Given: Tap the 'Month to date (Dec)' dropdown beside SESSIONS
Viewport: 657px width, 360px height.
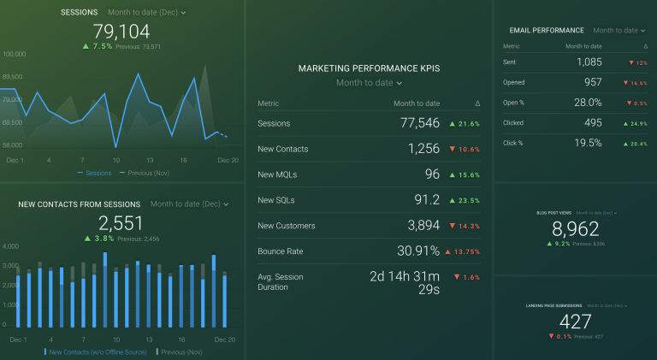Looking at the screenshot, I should (147, 13).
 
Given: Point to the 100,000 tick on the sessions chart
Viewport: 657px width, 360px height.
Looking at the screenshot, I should (13, 53).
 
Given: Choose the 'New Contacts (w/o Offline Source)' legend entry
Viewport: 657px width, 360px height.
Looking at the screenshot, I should (97, 352).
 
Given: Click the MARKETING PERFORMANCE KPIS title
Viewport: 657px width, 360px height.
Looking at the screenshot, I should (369, 68).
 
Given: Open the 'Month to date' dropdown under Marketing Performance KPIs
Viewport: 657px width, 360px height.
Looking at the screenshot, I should (369, 83).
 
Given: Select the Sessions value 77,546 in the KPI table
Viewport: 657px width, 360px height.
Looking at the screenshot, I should (419, 124).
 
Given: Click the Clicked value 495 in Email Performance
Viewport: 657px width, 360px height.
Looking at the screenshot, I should (592, 123).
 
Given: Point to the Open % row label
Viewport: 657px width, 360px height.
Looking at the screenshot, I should (514, 103).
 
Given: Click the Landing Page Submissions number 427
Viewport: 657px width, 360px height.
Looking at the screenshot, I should (574, 322).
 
